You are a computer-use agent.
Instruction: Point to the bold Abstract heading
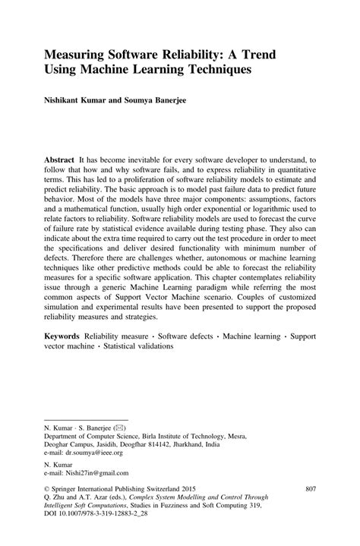point(59,161)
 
